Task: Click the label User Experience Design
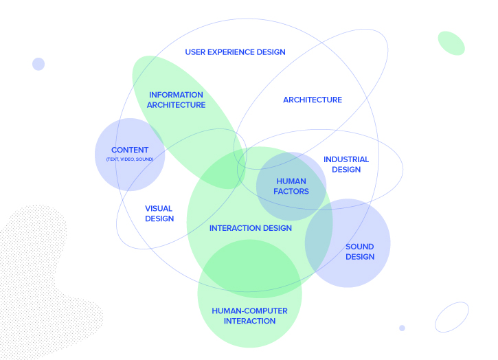235,52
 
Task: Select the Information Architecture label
176,100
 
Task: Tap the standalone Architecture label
313,100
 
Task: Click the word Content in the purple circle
130,150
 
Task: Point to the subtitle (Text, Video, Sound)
135,159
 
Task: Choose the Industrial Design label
346,164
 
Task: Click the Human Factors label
292,186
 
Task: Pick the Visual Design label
159,214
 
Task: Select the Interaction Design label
250,228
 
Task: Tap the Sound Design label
360,251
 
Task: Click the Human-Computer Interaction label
249,316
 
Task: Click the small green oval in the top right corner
451,43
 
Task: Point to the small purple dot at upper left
38,64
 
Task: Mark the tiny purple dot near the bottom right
402,328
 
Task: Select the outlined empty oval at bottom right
452,317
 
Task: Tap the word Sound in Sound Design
360,247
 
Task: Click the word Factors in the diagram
292,192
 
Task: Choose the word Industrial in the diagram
346,159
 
